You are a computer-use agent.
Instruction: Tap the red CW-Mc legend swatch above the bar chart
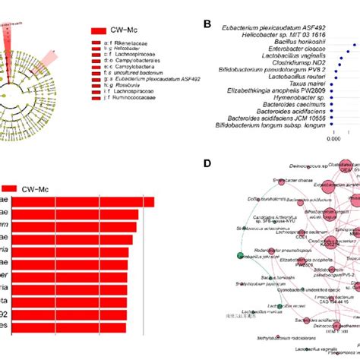[x=10, y=188]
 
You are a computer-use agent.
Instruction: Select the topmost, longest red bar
[x=77, y=201]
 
